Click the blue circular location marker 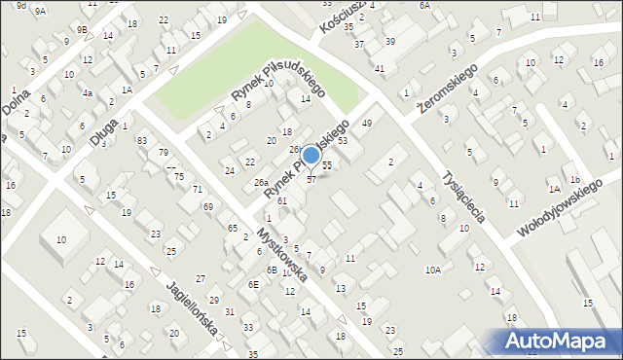(311, 156)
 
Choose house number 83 (142, 141)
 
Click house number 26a (261, 183)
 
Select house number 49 (367, 124)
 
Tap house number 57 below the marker (311, 179)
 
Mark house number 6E (253, 284)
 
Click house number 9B (83, 29)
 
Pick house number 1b (575, 180)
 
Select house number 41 (380, 68)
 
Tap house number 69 (208, 206)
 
